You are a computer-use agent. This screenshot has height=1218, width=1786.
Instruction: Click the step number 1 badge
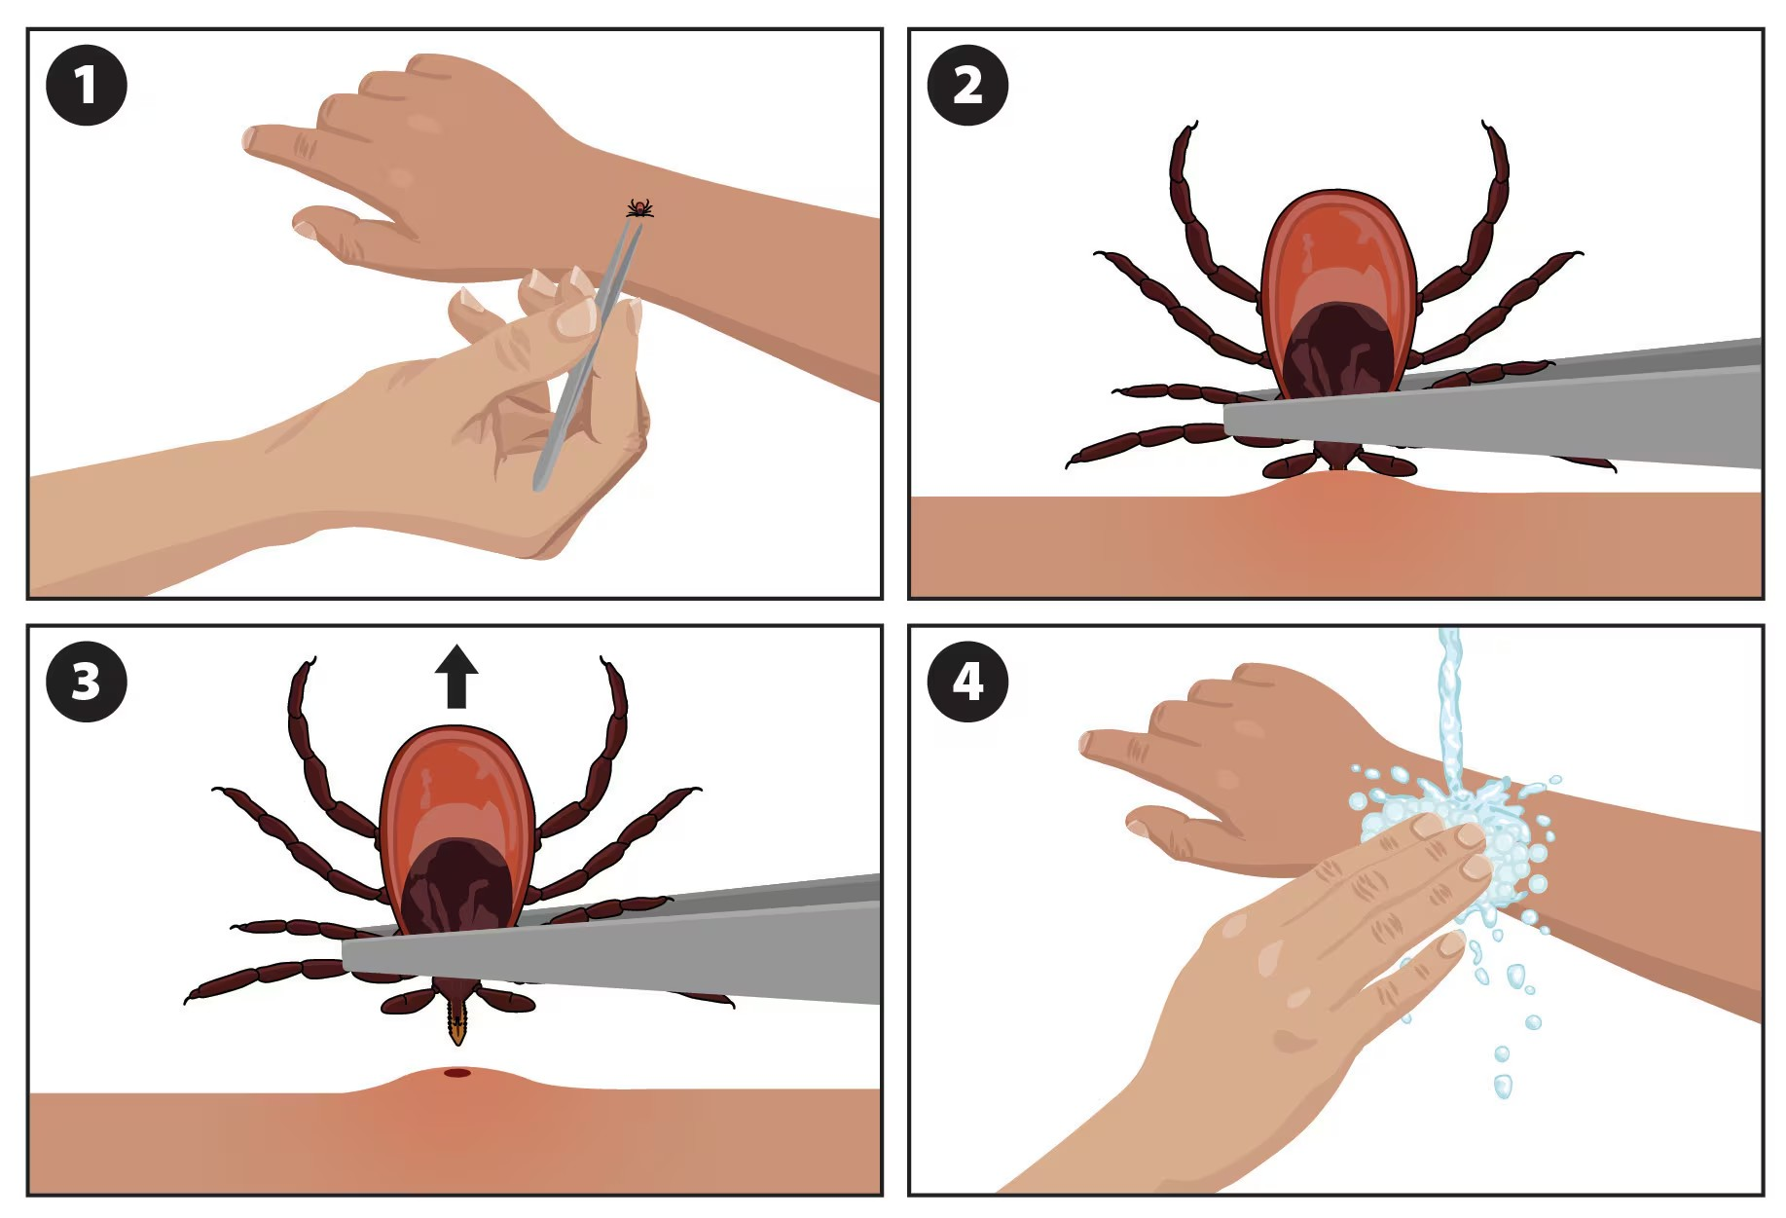click(x=86, y=85)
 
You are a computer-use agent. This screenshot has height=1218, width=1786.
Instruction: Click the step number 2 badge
click(x=966, y=85)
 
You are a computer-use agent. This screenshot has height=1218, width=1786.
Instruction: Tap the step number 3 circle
click(x=86, y=681)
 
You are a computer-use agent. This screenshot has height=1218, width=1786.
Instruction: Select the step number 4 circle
click(x=966, y=681)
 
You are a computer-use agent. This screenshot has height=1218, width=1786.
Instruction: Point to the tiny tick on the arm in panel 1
click(x=638, y=207)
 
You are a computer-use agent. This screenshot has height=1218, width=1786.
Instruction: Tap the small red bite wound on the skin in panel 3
click(x=456, y=1073)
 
